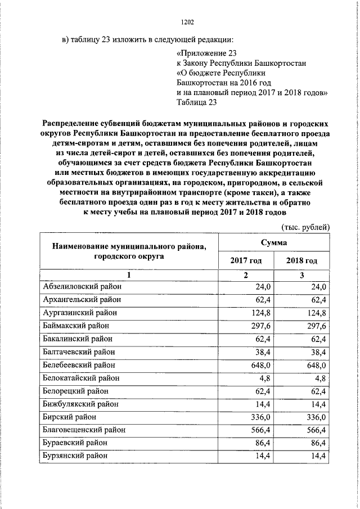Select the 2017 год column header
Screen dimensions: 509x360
246,261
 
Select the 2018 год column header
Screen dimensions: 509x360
301,261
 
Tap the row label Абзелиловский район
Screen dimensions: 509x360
82,287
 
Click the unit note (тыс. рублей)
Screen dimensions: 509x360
305,227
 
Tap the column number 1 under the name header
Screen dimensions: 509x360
129,275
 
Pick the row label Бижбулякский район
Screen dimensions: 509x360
80,404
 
